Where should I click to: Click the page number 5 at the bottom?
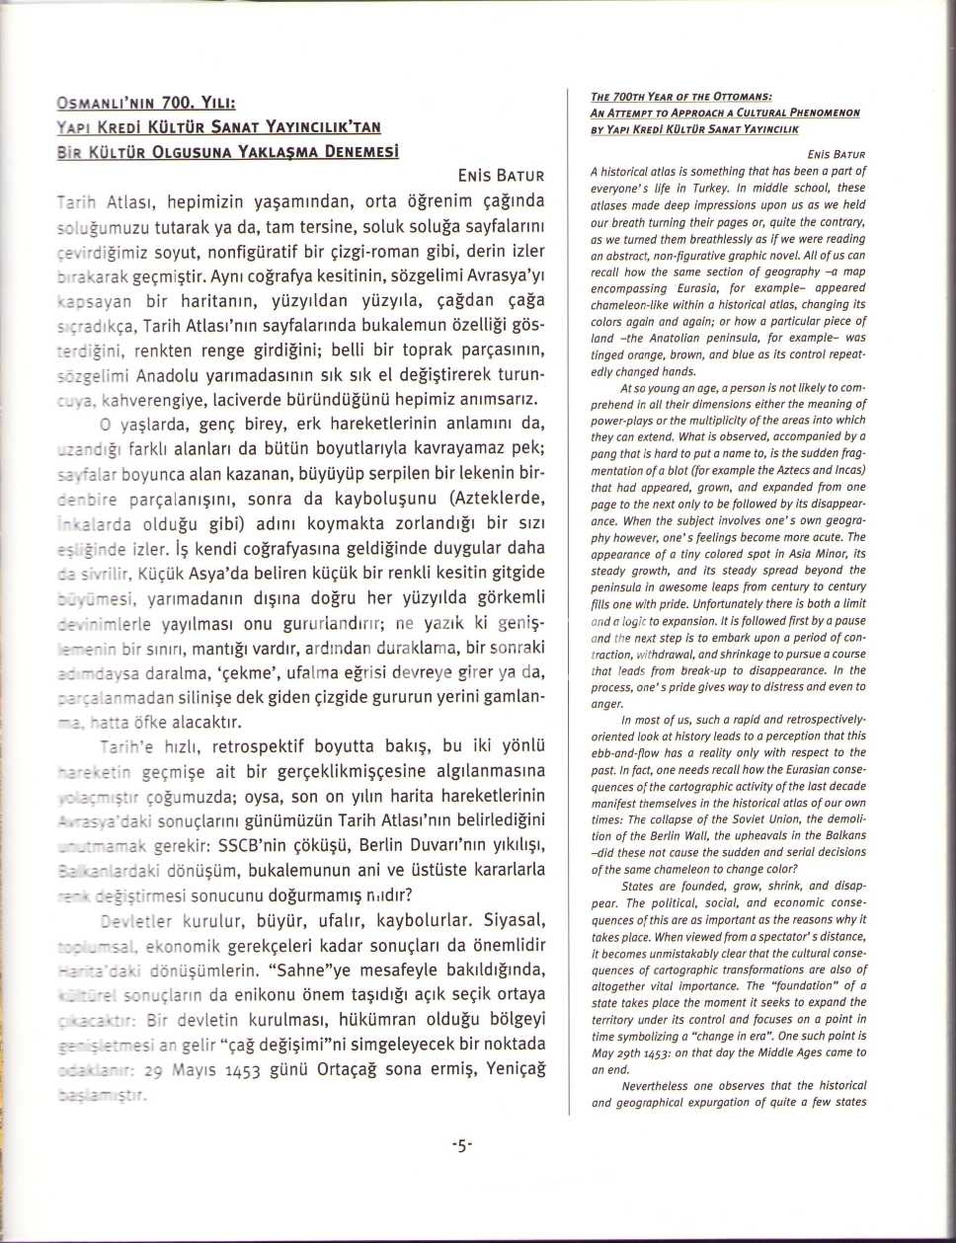click(x=462, y=1146)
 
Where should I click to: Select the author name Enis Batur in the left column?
click(x=501, y=177)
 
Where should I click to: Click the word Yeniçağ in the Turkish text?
click(x=508, y=1069)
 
